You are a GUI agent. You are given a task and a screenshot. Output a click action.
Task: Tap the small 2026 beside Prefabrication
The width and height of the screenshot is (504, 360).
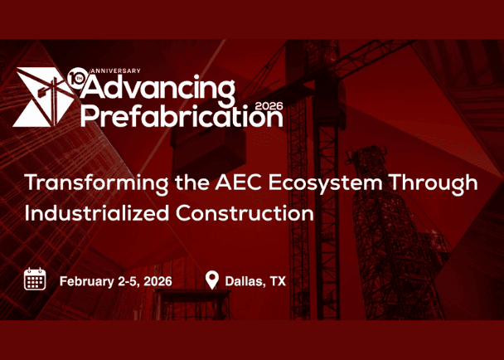[269, 106]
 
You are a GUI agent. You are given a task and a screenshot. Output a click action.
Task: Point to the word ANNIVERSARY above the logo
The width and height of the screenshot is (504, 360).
[115, 71]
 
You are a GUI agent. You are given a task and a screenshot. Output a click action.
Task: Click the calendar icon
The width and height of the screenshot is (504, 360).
[35, 280]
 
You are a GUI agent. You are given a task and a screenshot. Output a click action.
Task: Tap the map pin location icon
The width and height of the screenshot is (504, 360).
[212, 280]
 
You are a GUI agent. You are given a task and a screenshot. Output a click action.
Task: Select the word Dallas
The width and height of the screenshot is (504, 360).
[244, 281]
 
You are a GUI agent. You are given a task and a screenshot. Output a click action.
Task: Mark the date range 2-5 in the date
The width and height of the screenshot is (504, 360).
[127, 281]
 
